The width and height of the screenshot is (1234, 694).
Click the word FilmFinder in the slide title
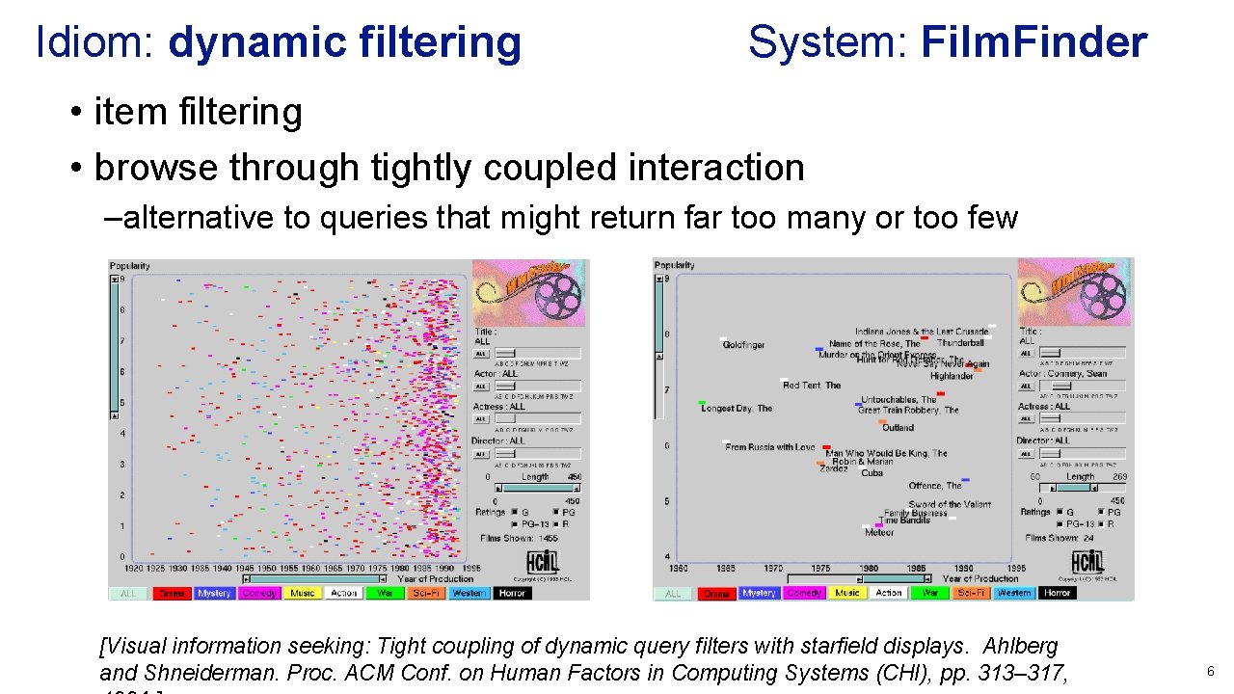[x=1033, y=42]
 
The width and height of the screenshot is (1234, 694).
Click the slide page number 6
[x=1210, y=671]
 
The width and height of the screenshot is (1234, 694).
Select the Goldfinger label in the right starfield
[x=743, y=345]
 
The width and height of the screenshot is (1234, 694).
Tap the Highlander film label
[x=952, y=376]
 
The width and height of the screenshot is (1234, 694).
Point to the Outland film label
[x=898, y=427]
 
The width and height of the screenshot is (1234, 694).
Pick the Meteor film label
[x=879, y=532]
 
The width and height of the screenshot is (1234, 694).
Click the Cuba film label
[x=872, y=473]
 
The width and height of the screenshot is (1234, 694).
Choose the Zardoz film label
[x=834, y=468]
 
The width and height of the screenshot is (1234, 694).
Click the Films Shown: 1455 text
[x=521, y=538]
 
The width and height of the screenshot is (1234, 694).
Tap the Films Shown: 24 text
[x=1059, y=538]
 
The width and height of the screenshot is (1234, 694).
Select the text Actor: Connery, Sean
[x=1063, y=374]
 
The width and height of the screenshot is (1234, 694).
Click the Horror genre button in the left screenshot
[x=512, y=593]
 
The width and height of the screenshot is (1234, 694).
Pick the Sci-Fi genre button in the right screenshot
[x=969, y=593]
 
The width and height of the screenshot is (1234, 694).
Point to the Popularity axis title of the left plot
[x=129, y=266]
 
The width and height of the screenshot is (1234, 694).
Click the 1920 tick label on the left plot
[x=133, y=569]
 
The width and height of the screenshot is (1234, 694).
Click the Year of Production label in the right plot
[x=979, y=578]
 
